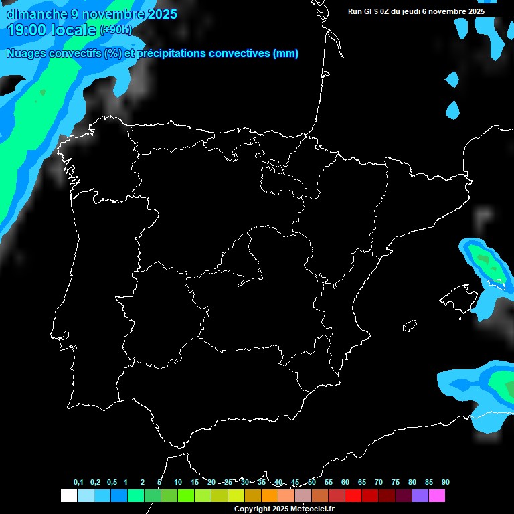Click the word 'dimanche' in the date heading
pos(37,14)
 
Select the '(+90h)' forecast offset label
pos(116,30)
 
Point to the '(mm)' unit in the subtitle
pos(286,54)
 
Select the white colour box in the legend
pos(68,496)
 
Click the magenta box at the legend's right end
pos(436,496)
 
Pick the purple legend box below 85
pos(420,496)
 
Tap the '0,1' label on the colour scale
pos(78,483)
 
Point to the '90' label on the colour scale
pos(445,483)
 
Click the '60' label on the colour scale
pos(345,483)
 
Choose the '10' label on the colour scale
pos(177,483)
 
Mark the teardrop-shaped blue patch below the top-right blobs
pos(453,110)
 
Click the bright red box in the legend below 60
pos(353,496)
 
